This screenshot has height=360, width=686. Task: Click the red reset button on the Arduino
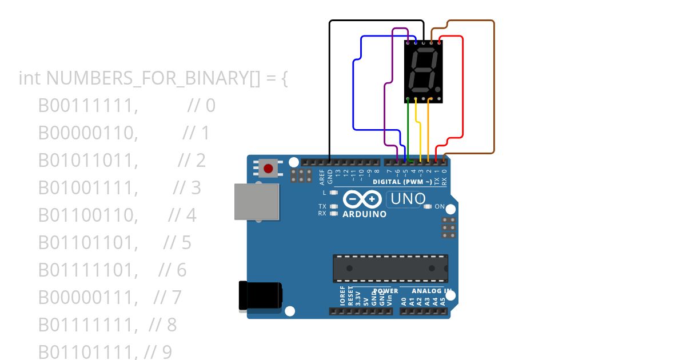pos(268,168)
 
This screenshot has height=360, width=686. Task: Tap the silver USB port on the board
pos(257,201)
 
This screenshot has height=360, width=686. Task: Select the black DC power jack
pos(260,295)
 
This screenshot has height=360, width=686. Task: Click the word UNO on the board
pos(407,199)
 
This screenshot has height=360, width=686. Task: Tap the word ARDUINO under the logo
pos(364,214)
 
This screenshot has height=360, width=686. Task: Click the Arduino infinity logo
pos(362,199)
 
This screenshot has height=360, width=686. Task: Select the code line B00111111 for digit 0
pos(88,106)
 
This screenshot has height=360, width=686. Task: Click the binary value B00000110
pos(88,133)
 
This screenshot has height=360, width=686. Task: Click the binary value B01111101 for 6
pos(88,270)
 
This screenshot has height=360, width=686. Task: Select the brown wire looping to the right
pos(493,86)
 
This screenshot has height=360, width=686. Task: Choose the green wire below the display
pos(408,129)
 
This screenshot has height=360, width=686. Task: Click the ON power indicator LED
pos(427,206)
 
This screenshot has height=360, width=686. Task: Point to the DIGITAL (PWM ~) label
pos(402,182)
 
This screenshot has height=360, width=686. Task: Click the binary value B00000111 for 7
pos(88,297)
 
